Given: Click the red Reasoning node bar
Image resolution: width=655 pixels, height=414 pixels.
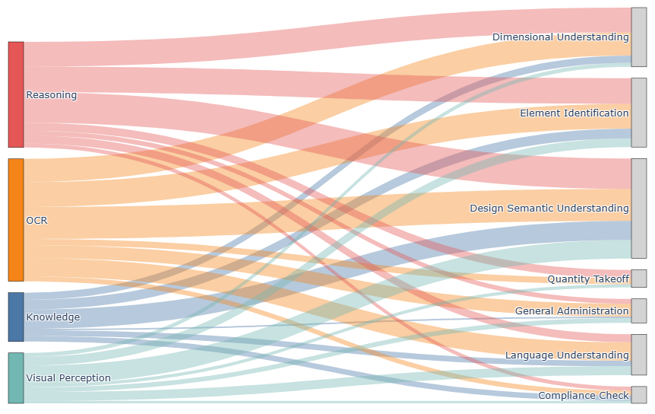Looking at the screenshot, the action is tap(16, 94).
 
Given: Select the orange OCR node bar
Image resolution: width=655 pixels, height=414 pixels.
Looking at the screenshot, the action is tap(16, 220).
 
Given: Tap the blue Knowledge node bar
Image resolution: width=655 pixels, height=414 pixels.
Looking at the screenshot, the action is tap(16, 317).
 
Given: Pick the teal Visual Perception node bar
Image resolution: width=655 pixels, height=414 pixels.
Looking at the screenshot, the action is tap(16, 378).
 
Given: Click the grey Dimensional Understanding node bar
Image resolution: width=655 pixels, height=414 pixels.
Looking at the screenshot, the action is tap(639, 37).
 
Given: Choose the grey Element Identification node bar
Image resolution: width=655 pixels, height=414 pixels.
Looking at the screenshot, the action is tap(639, 113).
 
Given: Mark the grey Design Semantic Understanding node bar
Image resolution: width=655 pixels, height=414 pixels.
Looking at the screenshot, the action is tap(639, 209).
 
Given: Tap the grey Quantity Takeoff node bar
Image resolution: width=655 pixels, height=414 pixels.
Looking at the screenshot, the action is tap(639, 279).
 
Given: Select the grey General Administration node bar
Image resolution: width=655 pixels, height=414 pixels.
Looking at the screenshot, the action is tap(639, 310).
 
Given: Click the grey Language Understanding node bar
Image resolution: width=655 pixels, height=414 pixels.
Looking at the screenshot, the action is tap(639, 355).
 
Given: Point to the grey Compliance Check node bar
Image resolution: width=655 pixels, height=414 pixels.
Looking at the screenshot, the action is tap(639, 395).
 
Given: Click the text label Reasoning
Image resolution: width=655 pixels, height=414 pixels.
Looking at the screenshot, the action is tap(52, 95).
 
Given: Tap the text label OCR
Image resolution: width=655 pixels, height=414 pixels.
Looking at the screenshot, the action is tap(36, 221).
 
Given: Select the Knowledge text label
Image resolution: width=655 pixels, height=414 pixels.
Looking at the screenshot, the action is tap(53, 317).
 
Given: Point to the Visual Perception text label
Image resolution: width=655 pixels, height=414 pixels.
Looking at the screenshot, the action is tap(68, 378).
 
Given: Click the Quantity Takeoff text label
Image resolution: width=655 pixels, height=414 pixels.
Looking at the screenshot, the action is tap(588, 279).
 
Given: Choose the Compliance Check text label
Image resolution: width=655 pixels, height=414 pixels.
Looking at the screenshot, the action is tap(583, 395).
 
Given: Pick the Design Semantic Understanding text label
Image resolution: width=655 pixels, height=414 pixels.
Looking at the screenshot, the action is tap(549, 209).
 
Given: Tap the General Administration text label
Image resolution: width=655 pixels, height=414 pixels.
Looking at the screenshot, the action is tap(572, 310).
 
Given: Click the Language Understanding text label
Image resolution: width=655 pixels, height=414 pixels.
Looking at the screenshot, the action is tap(567, 355).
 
